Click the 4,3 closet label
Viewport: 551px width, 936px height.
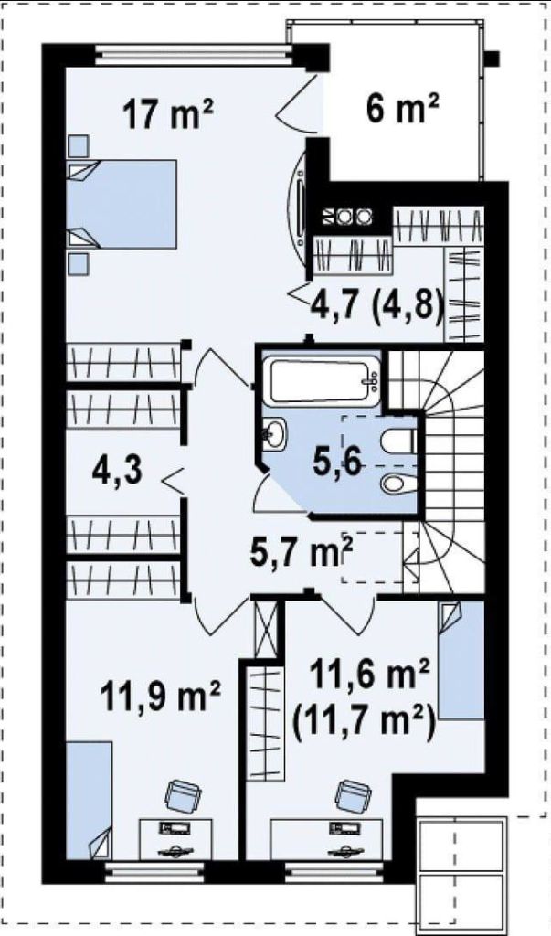(117, 470)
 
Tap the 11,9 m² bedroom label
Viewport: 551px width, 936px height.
(161, 696)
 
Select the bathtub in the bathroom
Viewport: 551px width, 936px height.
(322, 381)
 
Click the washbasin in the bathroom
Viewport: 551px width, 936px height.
(275, 433)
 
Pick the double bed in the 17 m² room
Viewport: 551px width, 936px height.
(122, 204)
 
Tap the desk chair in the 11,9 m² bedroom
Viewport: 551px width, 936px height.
(183, 796)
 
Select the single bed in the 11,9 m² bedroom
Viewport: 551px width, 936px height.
(89, 801)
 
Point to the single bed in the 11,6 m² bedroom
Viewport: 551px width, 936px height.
(461, 660)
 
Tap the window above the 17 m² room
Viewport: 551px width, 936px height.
(194, 56)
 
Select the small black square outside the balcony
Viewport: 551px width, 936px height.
(492, 58)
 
